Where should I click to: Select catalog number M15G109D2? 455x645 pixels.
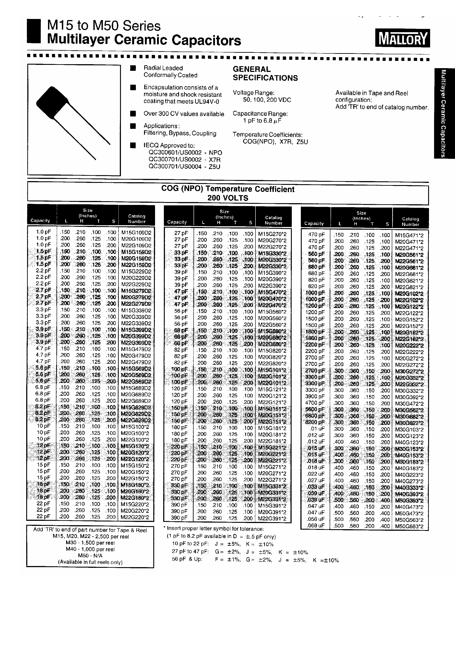tap(136, 232)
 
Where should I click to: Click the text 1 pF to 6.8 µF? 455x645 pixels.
tap(262, 121)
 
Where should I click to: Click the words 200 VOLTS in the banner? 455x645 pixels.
tap(227, 198)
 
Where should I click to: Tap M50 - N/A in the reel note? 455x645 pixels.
tap(90, 555)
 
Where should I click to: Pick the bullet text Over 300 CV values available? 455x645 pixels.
tap(184, 114)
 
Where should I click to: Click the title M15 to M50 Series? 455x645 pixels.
tap(104, 26)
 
